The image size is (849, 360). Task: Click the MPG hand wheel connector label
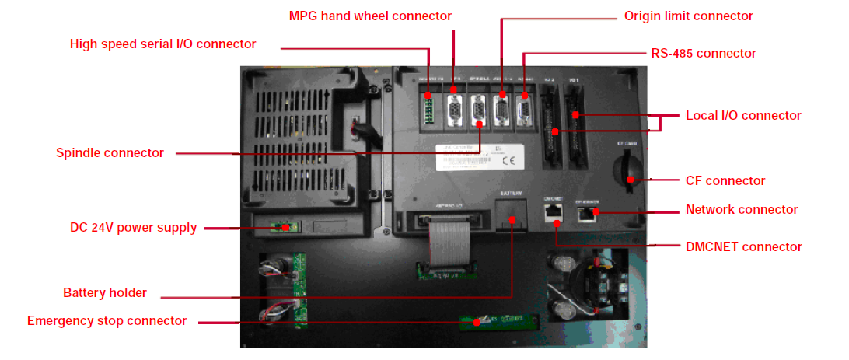(x=370, y=16)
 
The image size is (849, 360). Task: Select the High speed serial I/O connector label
(x=163, y=44)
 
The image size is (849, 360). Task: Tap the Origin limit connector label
(x=689, y=16)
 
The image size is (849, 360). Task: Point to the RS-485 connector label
(x=703, y=54)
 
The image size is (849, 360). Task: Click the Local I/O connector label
(x=743, y=115)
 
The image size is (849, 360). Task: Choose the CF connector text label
(x=725, y=180)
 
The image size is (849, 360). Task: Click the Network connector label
(x=742, y=209)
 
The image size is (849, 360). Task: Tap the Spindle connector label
(x=110, y=152)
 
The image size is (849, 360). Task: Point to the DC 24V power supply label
(x=133, y=228)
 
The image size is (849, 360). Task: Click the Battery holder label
(x=105, y=293)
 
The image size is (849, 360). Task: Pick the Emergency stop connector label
(x=107, y=320)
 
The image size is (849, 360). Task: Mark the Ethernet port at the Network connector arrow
(x=585, y=212)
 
